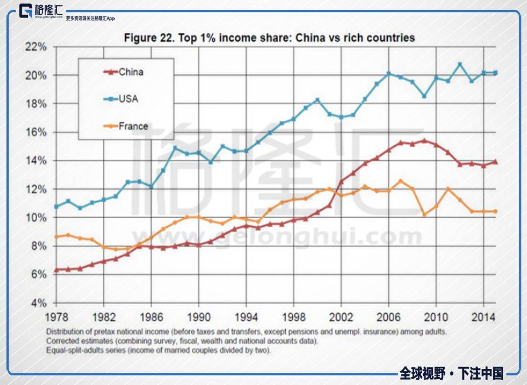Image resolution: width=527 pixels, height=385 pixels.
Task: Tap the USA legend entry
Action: (x=128, y=99)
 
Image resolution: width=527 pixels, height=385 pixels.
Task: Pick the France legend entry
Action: (x=133, y=126)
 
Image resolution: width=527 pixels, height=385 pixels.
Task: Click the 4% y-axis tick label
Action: (x=38, y=303)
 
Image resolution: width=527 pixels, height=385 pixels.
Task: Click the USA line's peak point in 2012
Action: (x=460, y=64)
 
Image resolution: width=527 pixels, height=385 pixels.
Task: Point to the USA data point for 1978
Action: (x=56, y=207)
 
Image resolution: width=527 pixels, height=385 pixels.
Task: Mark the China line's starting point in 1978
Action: (x=56, y=269)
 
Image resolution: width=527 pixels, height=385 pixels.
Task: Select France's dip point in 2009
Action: (x=424, y=214)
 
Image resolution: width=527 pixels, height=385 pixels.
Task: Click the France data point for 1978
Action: (x=56, y=237)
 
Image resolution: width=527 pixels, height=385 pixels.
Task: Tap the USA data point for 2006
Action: (x=388, y=74)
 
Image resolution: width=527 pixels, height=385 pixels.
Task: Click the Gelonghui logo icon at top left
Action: (x=27, y=11)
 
